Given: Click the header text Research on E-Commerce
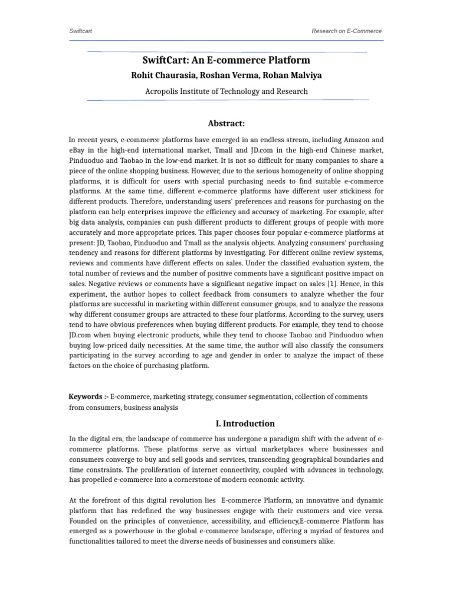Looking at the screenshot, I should [x=346, y=31].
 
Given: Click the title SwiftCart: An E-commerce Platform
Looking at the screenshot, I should [x=226, y=60].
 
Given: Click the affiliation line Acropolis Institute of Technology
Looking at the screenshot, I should [x=226, y=91].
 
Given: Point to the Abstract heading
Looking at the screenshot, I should [x=226, y=123].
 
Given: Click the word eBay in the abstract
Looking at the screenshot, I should [x=79, y=150].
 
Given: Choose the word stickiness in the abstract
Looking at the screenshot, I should [x=339, y=191].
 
